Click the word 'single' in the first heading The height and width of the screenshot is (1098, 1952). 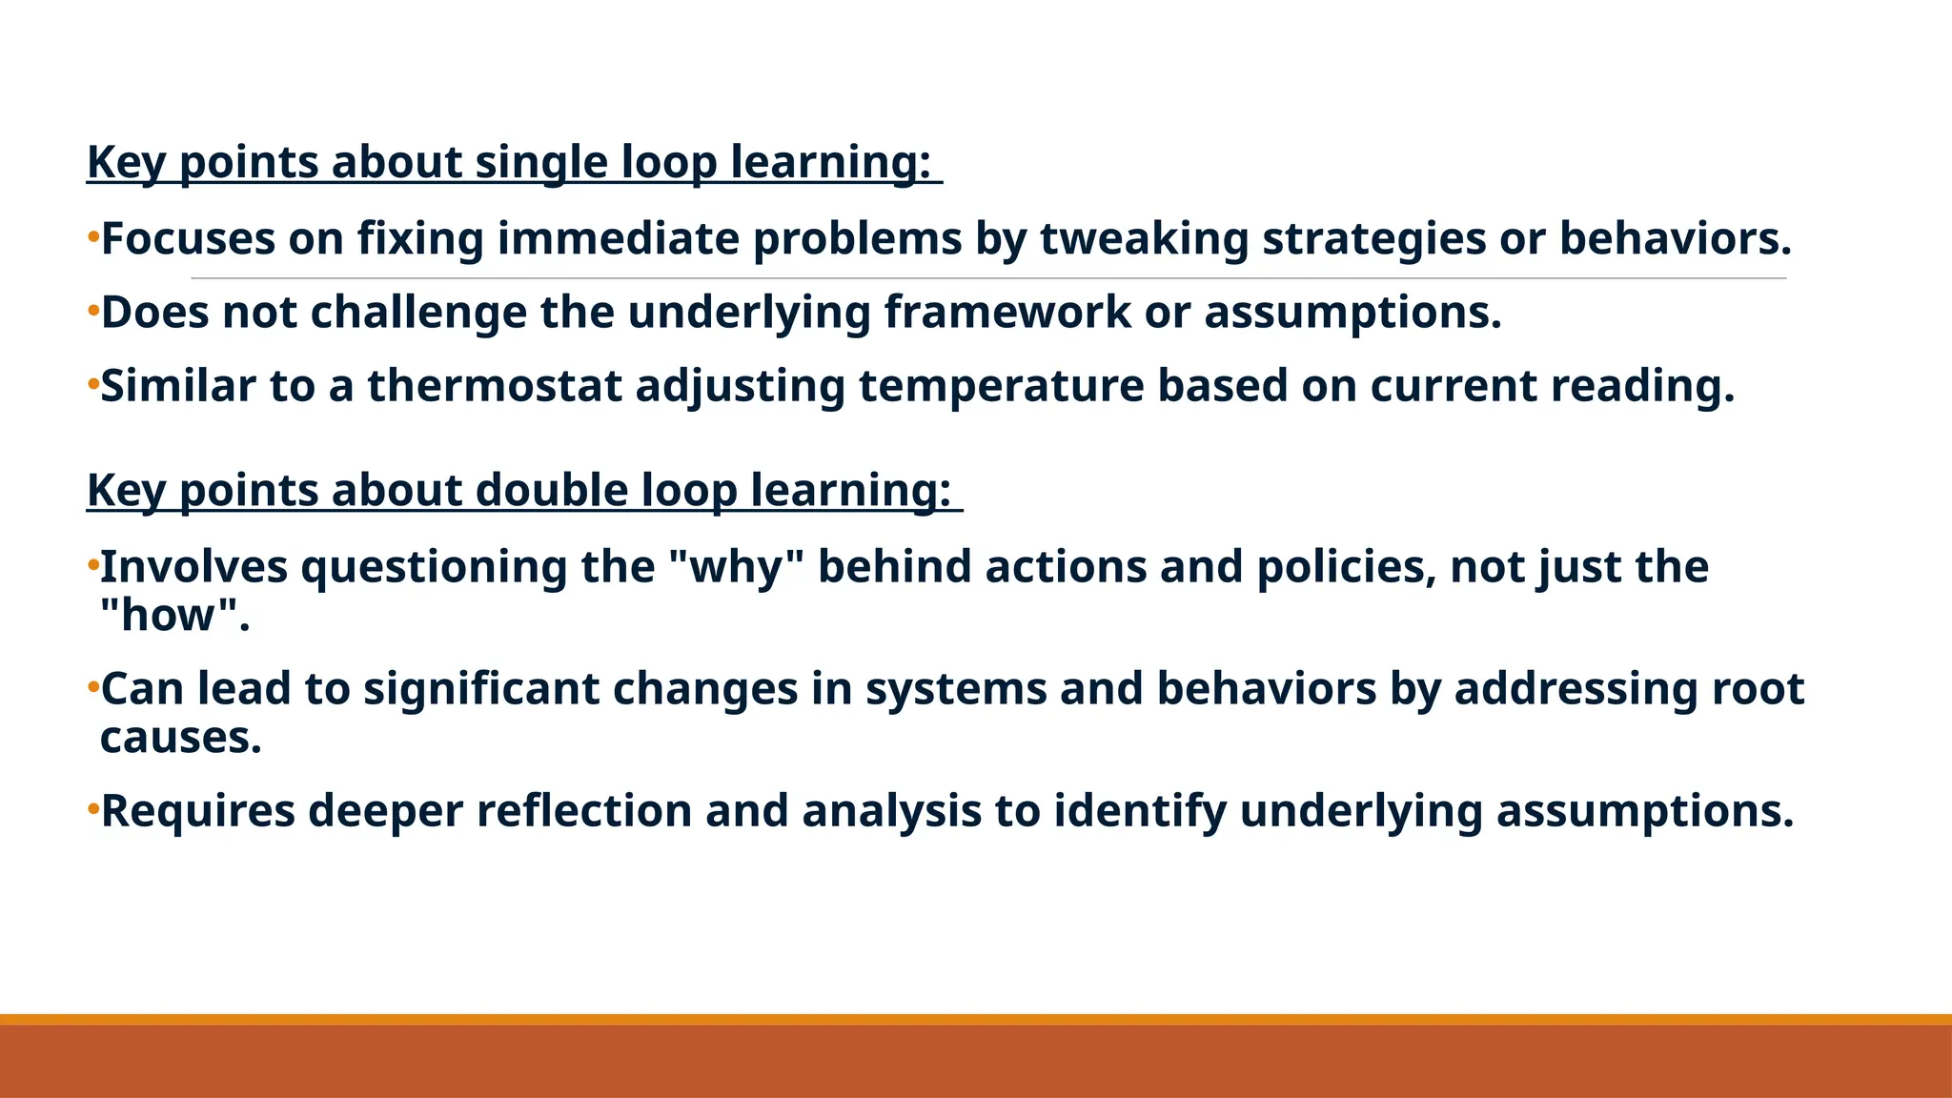pyautogui.click(x=540, y=162)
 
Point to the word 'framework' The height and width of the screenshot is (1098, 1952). pyautogui.click(x=1006, y=313)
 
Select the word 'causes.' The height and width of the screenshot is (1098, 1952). pyautogui.click(x=181, y=738)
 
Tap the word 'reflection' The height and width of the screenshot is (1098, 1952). pyautogui.click(x=583, y=811)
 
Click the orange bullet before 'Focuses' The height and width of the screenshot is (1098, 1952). pyautogui.click(x=92, y=235)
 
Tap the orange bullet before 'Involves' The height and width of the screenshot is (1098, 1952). pyautogui.click(x=92, y=564)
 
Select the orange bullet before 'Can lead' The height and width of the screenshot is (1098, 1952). pyautogui.click(x=92, y=686)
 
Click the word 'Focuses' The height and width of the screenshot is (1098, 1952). pyautogui.click(x=188, y=238)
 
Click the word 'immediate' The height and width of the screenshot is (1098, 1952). pyautogui.click(x=618, y=238)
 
